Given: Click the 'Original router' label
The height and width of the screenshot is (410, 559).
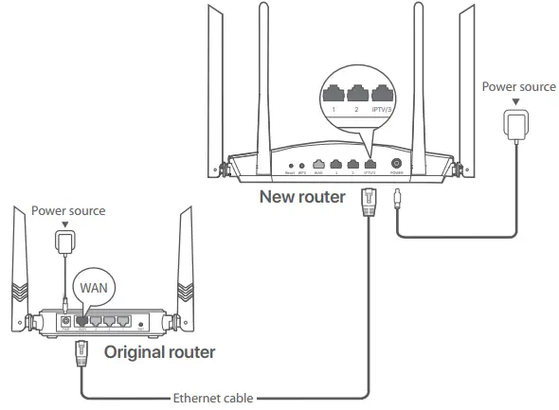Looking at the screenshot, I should [x=159, y=352].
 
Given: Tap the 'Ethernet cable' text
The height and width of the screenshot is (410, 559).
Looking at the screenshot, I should [x=214, y=399].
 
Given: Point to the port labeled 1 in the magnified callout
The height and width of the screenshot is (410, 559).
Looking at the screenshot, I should [x=334, y=93].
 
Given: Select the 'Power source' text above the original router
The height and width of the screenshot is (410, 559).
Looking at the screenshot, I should [x=67, y=209].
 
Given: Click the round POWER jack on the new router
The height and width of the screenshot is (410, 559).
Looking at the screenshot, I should [x=397, y=165].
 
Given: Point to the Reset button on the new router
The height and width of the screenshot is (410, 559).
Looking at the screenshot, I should [x=289, y=167].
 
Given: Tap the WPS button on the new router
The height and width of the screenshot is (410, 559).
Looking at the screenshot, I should [x=302, y=167].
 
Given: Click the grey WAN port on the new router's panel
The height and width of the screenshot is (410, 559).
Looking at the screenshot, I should [x=319, y=165].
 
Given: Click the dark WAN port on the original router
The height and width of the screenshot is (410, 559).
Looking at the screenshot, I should [x=81, y=321].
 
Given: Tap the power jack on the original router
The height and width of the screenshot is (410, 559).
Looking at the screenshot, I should [x=65, y=321].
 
